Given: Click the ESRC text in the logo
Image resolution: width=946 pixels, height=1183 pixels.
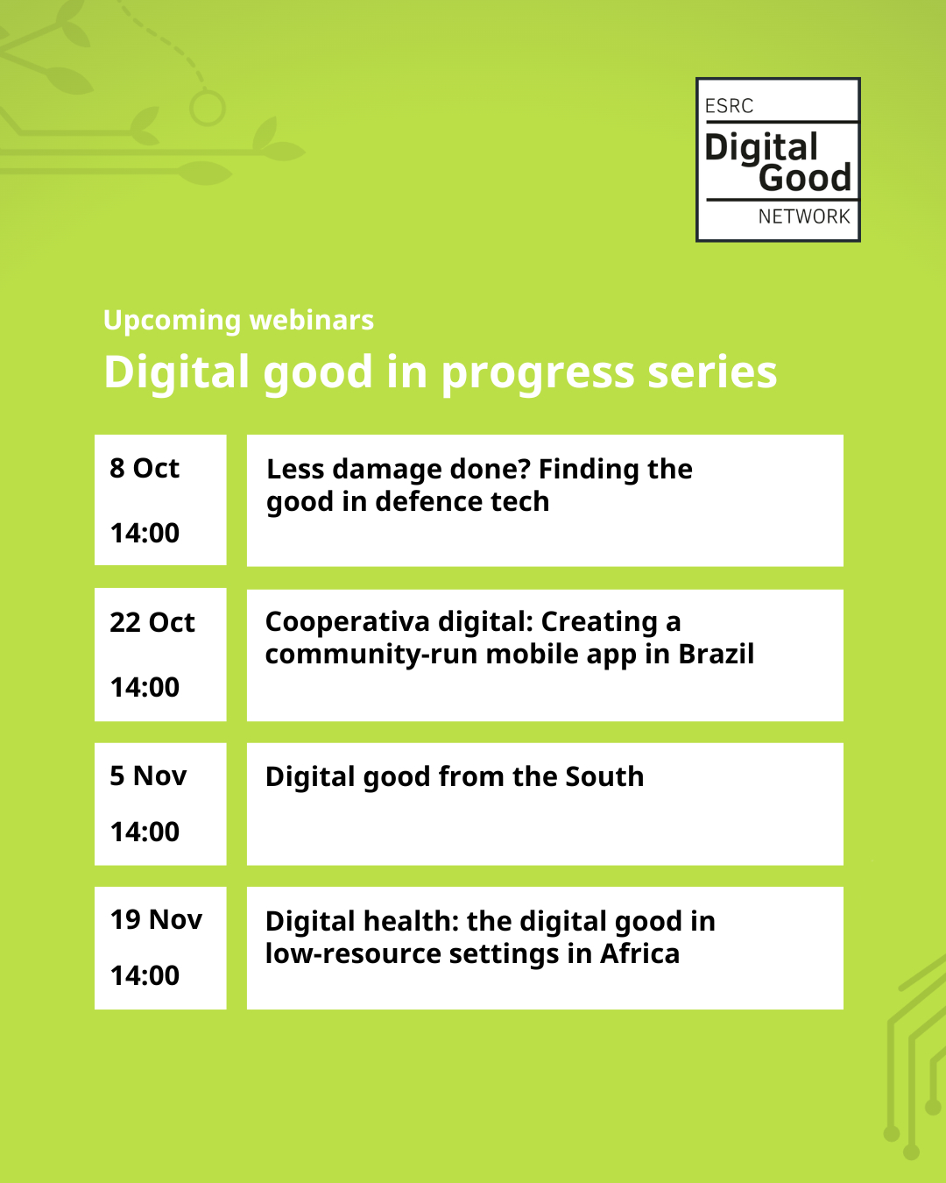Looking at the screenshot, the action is coord(729,105).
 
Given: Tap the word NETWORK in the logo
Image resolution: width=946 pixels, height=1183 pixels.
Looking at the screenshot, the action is coord(804,216).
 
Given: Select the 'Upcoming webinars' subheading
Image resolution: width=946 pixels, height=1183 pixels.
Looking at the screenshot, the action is coord(238,321).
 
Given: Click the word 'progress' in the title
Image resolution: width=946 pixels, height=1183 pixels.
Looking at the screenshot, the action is coord(538,375).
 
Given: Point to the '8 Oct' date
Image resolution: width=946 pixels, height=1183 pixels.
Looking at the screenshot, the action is coord(145,468).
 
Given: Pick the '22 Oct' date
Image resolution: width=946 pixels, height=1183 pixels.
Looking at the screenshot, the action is coord(152,622).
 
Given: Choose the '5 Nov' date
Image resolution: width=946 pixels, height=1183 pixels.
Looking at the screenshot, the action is coord(148,776).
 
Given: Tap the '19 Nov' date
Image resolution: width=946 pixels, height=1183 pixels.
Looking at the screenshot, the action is coord(156,920).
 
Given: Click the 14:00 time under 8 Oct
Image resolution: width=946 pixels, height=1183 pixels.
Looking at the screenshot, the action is coord(145,533).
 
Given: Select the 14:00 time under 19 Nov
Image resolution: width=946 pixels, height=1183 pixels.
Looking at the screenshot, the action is coord(145,975).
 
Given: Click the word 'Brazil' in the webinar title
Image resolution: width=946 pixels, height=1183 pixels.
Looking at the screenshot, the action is coord(717,654).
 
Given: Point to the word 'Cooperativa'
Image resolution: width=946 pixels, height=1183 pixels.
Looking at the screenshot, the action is coord(348,623).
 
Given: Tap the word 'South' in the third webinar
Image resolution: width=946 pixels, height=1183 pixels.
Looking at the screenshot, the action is coord(604,776).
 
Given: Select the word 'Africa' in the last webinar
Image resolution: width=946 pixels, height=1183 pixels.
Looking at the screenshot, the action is coord(639,953).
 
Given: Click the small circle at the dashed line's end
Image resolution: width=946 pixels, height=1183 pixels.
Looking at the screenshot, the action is coord(208,109).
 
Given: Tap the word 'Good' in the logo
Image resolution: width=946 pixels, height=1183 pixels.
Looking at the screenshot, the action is coord(805,178).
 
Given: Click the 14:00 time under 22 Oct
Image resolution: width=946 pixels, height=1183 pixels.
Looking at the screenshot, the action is coord(145,687).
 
